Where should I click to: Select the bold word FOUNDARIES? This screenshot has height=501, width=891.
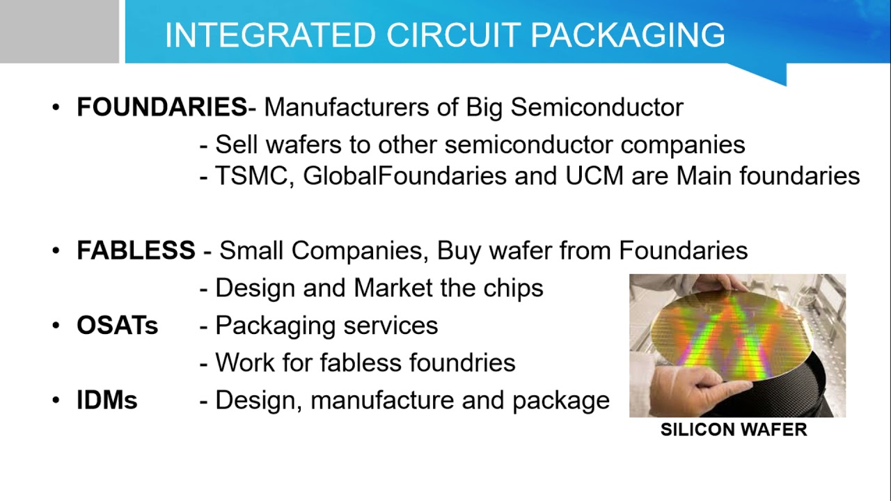161,107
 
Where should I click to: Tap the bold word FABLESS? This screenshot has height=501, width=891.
136,250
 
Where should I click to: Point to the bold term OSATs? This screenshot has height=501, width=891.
117,326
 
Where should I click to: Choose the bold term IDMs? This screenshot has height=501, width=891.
107,400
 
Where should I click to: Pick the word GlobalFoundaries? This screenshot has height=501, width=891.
404,176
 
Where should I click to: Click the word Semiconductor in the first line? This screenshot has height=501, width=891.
597,107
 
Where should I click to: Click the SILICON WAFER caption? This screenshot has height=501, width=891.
734,429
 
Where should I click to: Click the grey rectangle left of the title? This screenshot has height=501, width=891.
59,31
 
